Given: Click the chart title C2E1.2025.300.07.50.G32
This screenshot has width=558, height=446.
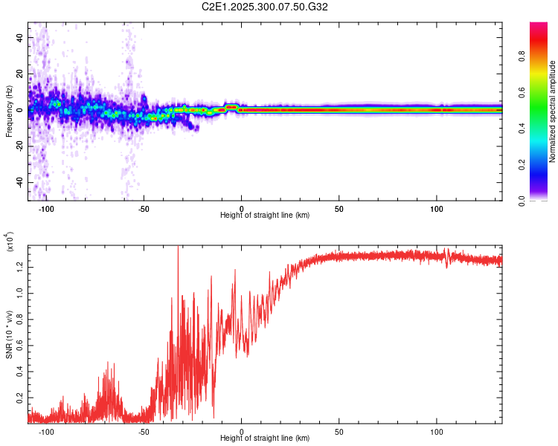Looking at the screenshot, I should click(x=265, y=7).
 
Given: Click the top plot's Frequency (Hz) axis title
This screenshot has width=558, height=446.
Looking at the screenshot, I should click(x=9, y=111).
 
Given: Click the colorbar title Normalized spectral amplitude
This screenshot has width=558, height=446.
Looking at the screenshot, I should click(x=552, y=111).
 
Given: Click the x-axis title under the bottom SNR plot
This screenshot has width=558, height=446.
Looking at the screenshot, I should click(x=265, y=438).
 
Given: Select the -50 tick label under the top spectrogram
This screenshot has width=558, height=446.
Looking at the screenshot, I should click(x=144, y=209).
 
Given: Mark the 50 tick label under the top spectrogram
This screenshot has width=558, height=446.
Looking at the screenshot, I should click(x=339, y=209).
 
